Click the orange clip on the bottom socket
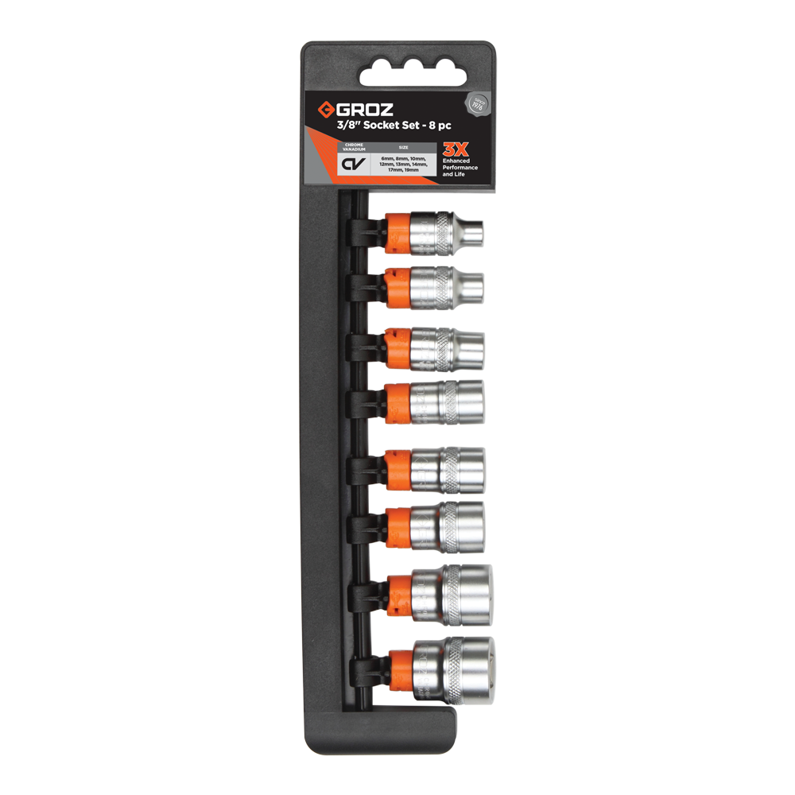click(401, 669)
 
